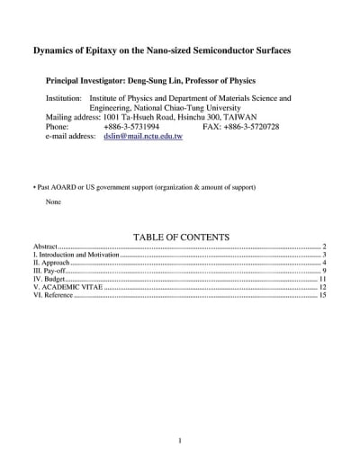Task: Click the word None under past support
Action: pyautogui.click(x=54, y=201)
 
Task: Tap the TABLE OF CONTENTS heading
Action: pyautogui.click(x=181, y=237)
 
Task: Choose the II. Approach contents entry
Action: pyautogui.click(x=50, y=263)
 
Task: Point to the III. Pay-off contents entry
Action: pyautogui.click(x=49, y=271)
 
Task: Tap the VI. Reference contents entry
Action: pyautogui.click(x=53, y=295)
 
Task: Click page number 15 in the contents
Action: pyautogui.click(x=321, y=295)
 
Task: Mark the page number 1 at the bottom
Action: pyautogui.click(x=179, y=441)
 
